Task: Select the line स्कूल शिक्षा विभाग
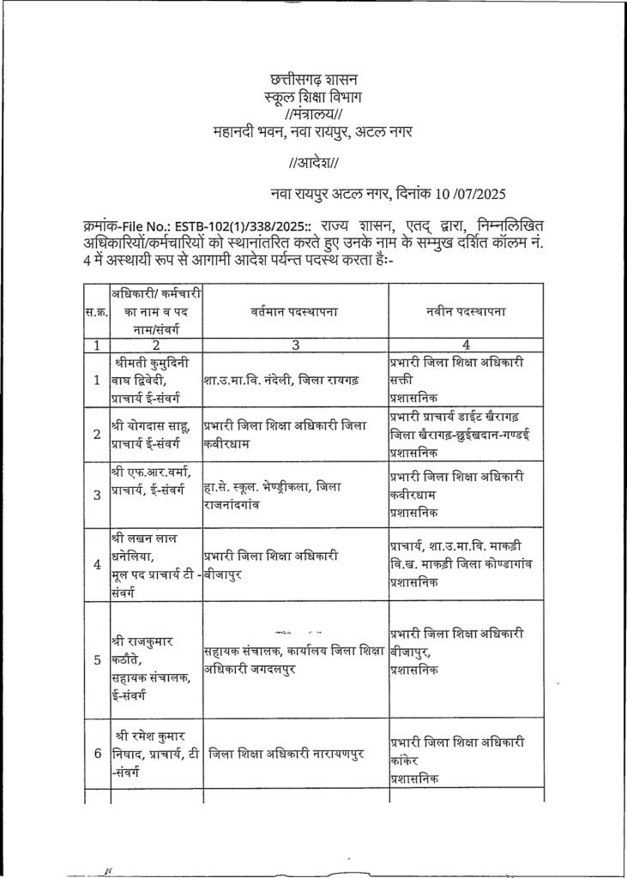[313, 99]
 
